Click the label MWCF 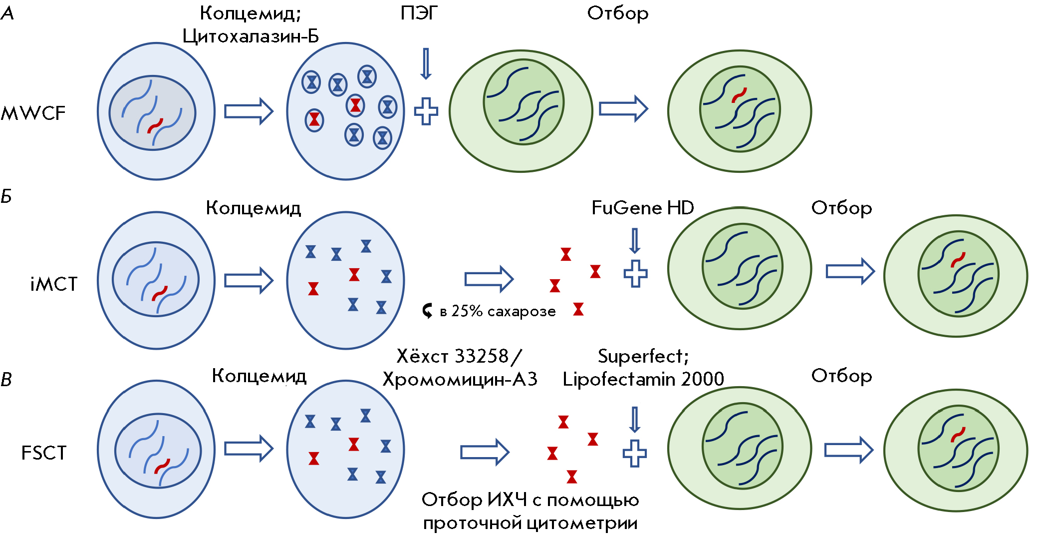(x=33, y=113)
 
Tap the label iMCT (x=54, y=284)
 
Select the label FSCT (x=44, y=453)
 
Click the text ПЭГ (x=419, y=13)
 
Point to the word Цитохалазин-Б (x=251, y=36)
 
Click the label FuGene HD (x=643, y=208)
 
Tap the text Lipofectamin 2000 (x=643, y=379)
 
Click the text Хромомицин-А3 (x=460, y=380)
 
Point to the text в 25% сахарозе (x=498, y=311)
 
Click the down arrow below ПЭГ (x=426, y=63)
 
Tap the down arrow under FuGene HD (x=635, y=241)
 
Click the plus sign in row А (x=426, y=111)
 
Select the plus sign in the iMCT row (x=635, y=273)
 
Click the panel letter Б (x=6, y=196)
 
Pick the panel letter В (x=6, y=380)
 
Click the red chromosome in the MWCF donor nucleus (x=155, y=126)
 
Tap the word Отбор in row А (x=618, y=13)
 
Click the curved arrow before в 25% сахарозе (x=427, y=311)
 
